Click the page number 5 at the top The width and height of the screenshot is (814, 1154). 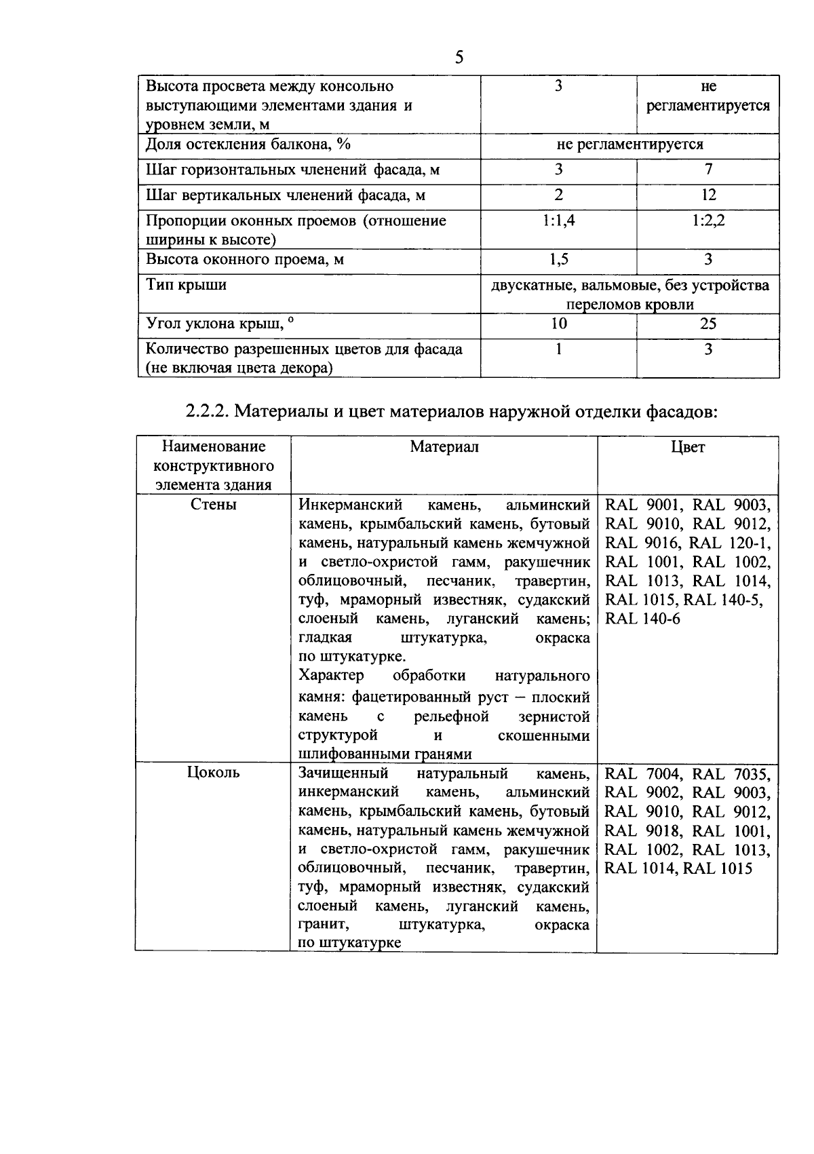[459, 58]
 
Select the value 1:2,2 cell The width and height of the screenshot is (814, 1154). [708, 221]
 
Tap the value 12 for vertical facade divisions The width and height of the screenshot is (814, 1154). [708, 195]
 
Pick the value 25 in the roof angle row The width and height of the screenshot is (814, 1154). [708, 324]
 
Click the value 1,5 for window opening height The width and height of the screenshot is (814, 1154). [558, 260]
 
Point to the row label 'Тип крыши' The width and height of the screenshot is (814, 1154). [187, 285]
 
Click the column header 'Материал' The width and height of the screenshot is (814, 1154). [444, 447]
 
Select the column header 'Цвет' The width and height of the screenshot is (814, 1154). [687, 447]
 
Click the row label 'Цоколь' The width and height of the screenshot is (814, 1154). [213, 773]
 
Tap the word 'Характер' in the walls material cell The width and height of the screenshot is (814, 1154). [331, 676]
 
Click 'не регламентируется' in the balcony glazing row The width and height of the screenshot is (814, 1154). [629, 145]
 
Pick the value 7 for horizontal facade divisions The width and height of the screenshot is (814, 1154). [708, 170]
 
